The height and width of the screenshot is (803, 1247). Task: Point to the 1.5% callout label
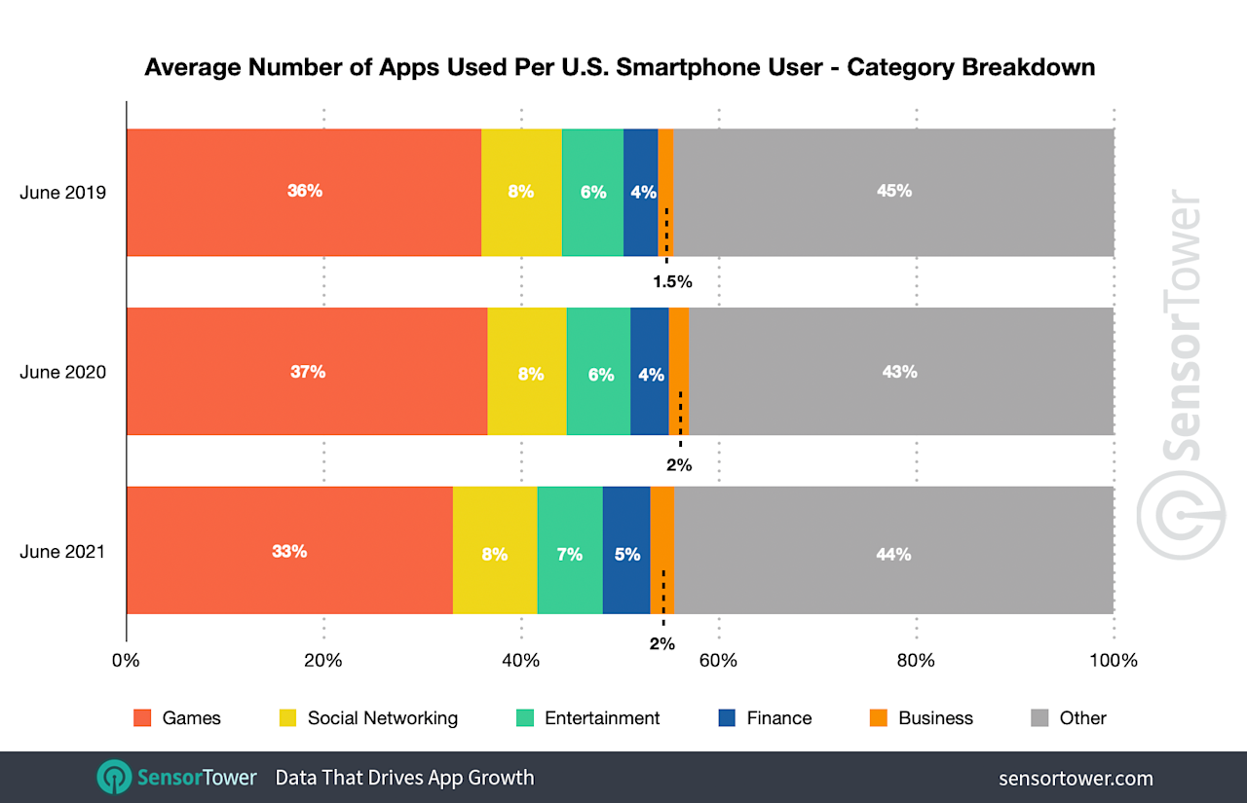[671, 282]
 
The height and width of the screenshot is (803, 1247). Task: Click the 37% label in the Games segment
[308, 372]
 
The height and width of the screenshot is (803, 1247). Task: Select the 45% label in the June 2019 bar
[893, 191]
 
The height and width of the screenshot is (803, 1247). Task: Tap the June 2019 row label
[63, 192]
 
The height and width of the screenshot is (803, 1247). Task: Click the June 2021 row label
[63, 552]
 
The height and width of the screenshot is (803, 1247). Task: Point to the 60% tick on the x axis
[718, 660]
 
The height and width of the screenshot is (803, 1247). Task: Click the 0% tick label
[126, 660]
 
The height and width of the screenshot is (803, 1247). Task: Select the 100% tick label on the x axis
[1113, 660]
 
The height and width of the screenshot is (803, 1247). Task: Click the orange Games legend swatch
[142, 718]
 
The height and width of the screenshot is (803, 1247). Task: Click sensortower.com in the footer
[1076, 778]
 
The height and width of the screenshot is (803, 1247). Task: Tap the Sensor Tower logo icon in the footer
[114, 777]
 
